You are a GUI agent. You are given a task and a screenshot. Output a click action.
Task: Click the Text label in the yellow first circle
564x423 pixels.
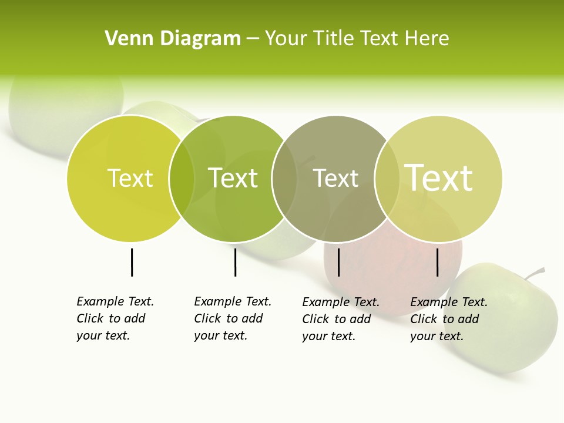(x=130, y=178)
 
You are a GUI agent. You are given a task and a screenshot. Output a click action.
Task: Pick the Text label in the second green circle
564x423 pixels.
(x=233, y=178)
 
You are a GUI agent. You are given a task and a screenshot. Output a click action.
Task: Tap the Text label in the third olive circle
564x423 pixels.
(x=335, y=178)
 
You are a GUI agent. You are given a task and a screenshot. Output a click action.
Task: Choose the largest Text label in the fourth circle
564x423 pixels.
(x=438, y=177)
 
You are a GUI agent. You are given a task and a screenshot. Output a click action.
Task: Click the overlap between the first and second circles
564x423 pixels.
(x=182, y=179)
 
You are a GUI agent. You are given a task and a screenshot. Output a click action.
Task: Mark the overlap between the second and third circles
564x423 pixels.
(x=284, y=179)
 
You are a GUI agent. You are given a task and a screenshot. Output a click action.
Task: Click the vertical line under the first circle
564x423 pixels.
(x=132, y=262)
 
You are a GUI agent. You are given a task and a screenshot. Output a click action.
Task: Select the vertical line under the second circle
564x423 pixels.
(x=235, y=262)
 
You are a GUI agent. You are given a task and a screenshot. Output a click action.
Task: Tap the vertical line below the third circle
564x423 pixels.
(x=338, y=262)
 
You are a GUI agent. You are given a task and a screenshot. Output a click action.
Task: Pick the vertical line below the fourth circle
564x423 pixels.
(x=437, y=262)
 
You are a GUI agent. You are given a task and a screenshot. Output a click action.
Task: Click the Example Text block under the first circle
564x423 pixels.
(x=115, y=318)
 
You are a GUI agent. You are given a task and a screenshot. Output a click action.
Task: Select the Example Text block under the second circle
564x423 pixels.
(x=232, y=318)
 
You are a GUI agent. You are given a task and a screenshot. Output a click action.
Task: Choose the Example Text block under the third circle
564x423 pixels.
(x=340, y=319)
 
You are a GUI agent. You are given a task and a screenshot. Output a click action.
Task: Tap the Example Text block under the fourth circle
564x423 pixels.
(x=448, y=319)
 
